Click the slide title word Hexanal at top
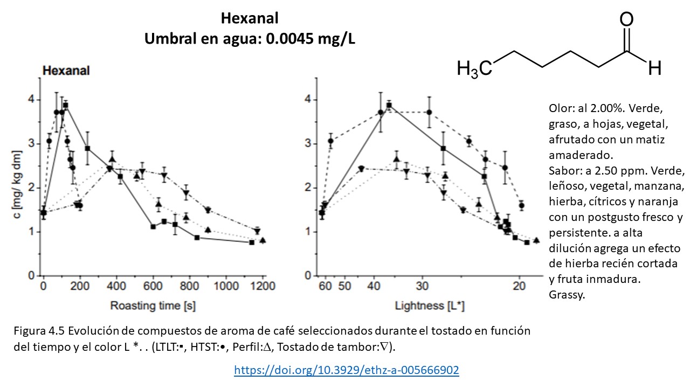250,18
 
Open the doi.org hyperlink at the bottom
347,370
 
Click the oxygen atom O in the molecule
626,20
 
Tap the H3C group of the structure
474,69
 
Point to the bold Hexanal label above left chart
66,71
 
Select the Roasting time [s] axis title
153,306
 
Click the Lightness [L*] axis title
430,306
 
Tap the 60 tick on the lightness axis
325,286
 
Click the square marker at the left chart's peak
66,105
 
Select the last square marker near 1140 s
252,242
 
